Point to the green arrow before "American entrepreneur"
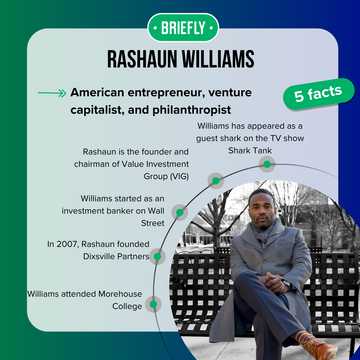(x=50, y=93)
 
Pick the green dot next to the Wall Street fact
(x=181, y=212)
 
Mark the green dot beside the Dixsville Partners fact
(x=158, y=255)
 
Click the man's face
(x=262, y=209)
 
